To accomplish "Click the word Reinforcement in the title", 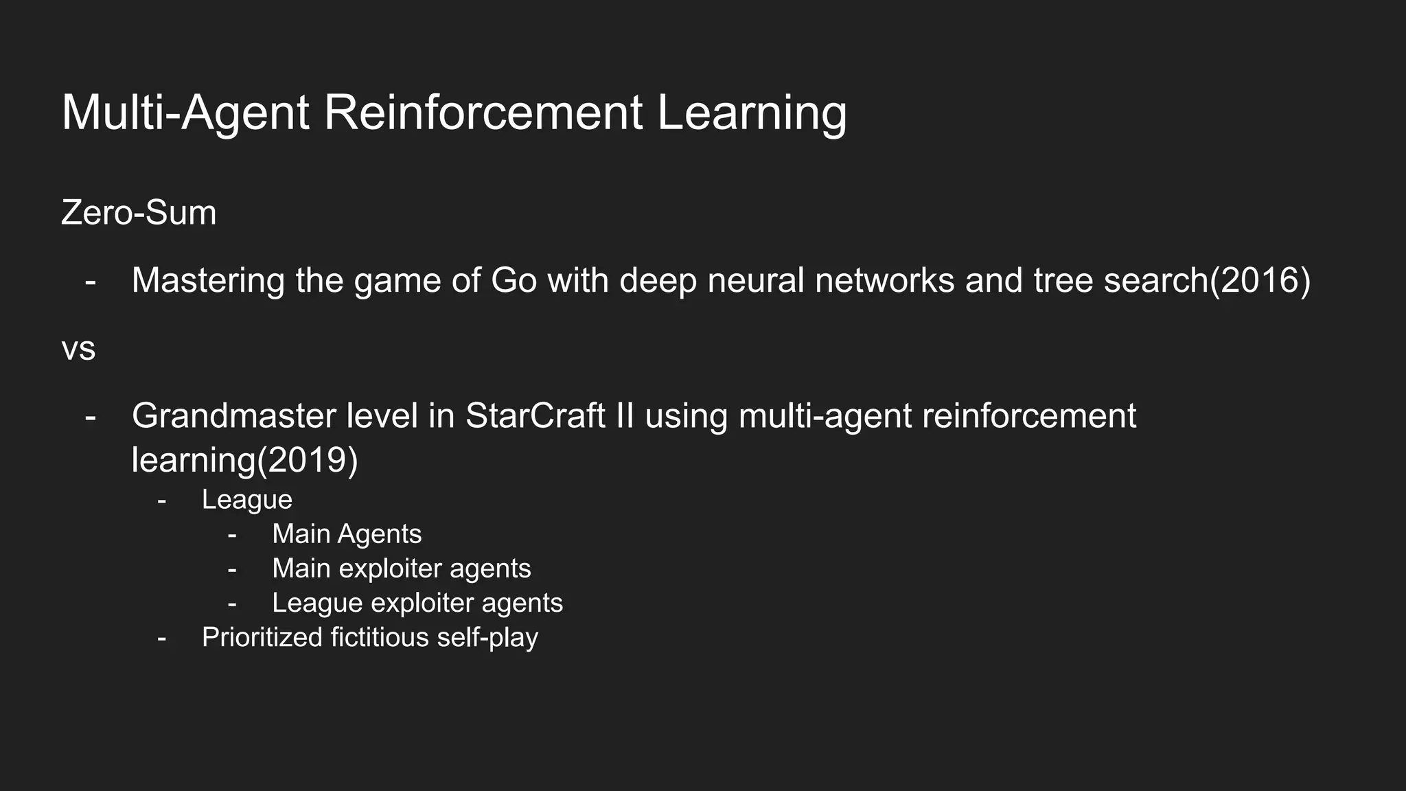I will (483, 113).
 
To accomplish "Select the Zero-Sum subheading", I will (139, 213).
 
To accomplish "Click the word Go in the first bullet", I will (514, 280).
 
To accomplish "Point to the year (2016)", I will (1260, 280).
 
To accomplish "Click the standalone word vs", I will (78, 349).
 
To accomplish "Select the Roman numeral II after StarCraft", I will (625, 416).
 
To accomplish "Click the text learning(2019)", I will (244, 460).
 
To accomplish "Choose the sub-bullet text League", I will (247, 500).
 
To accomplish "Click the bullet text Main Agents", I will (347, 534).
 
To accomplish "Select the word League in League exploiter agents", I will (316, 603).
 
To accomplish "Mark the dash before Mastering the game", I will (90, 280).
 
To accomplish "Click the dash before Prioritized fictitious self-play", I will (161, 637).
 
